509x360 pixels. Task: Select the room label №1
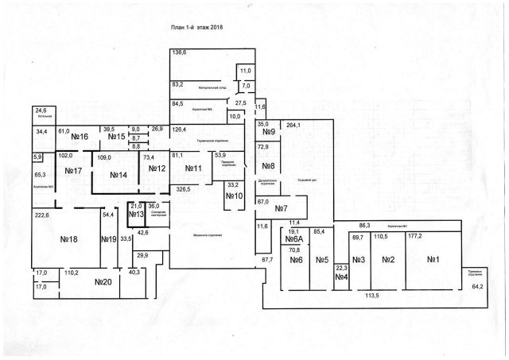point(433,259)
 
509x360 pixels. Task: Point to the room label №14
point(119,174)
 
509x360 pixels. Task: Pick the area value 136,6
point(179,52)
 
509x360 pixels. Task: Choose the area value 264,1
point(293,125)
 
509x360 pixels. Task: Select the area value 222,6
point(41,215)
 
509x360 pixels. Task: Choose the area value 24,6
point(40,110)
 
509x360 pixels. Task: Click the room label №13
point(136,215)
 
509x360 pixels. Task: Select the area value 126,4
point(178,129)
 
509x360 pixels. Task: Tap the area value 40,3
point(134,272)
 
